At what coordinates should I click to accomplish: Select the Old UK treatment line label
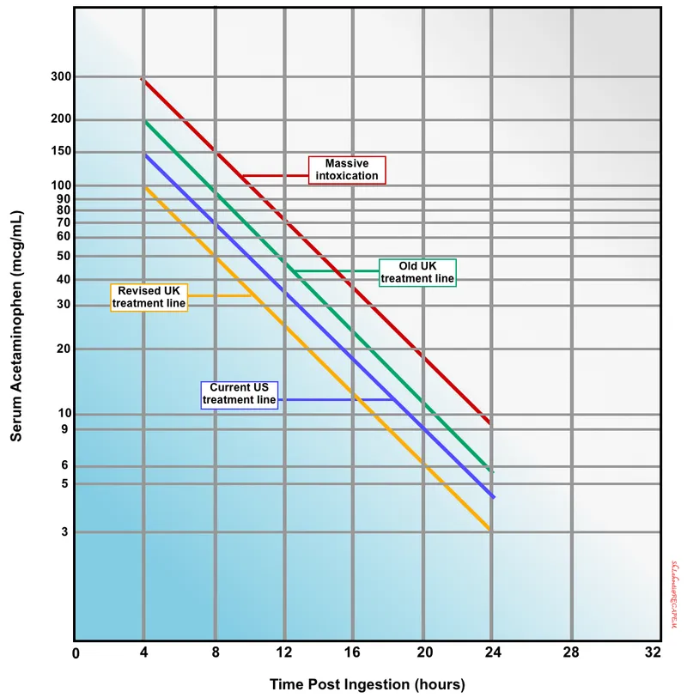click(x=418, y=272)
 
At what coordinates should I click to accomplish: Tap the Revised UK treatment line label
click(x=149, y=297)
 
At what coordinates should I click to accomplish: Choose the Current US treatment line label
click(x=240, y=394)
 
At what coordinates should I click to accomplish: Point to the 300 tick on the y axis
click(x=60, y=76)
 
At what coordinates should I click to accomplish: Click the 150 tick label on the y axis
click(x=60, y=152)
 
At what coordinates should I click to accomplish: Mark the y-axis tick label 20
click(x=64, y=349)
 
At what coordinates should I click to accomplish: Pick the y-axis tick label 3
click(x=66, y=532)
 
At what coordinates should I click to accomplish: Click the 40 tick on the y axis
click(x=64, y=279)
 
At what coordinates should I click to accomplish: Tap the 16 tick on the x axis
click(x=352, y=652)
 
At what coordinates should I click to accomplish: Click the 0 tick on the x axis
click(x=76, y=652)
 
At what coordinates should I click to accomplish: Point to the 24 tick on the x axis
click(x=491, y=652)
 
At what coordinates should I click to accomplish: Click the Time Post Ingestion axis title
click(x=367, y=684)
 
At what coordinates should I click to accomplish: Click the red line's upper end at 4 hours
click(x=143, y=79)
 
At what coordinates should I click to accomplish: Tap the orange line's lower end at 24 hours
click(x=490, y=530)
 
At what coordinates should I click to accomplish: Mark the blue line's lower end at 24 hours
click(x=492, y=497)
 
